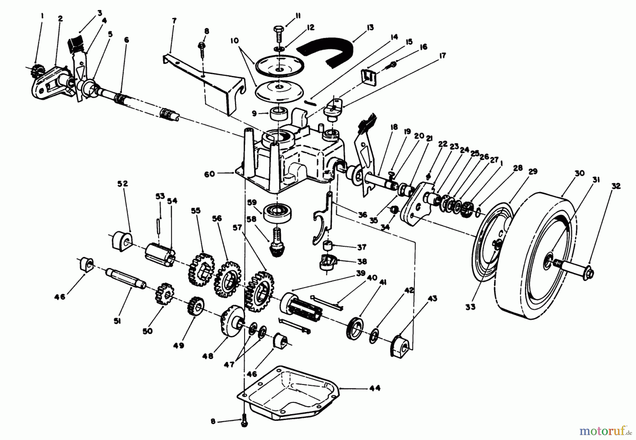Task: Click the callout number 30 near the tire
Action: [x=579, y=174]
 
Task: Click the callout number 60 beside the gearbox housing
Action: [x=209, y=174]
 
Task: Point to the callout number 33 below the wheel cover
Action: [x=470, y=307]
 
